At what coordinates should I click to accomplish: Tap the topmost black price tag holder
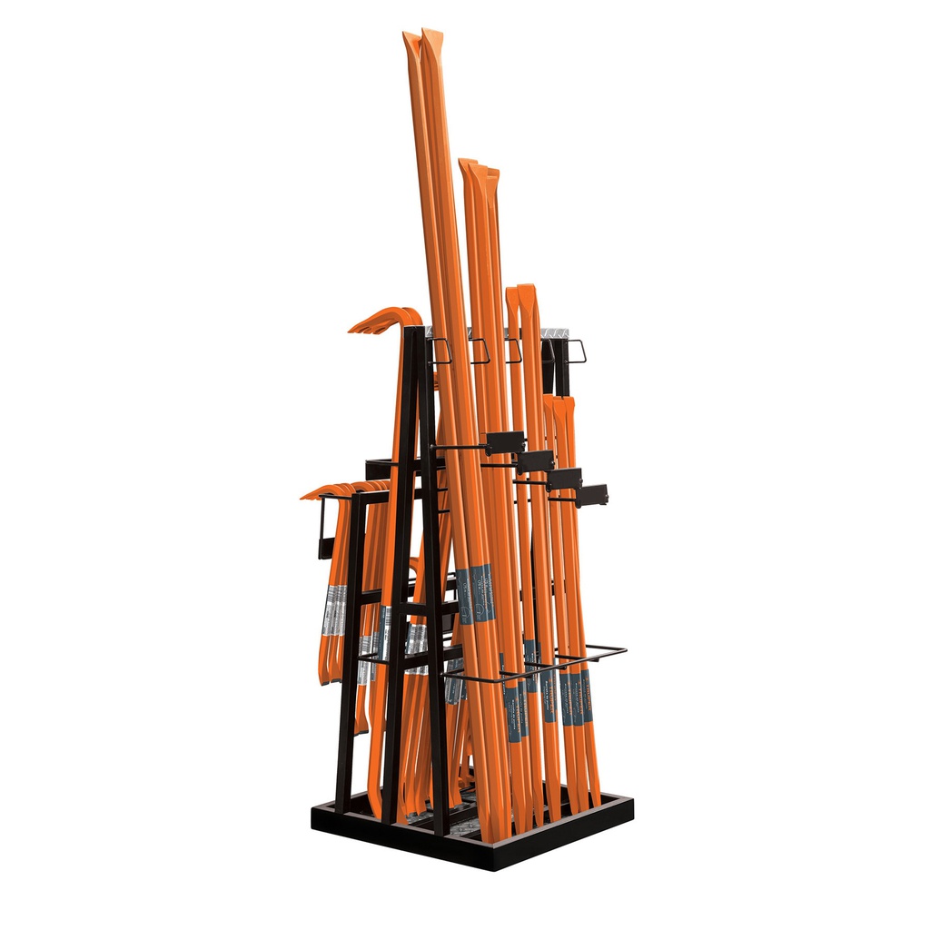tap(505, 442)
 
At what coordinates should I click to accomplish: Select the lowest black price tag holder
tap(590, 495)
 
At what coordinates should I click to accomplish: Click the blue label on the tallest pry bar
tap(475, 593)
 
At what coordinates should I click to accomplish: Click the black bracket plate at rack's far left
tap(324, 528)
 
